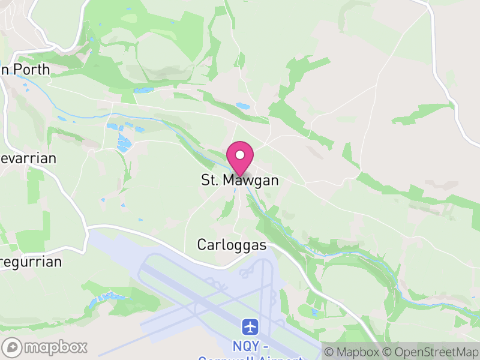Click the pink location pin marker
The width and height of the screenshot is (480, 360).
[x=240, y=157]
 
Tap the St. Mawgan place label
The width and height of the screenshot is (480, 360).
[x=240, y=180]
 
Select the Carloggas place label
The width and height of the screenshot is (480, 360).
[x=232, y=245]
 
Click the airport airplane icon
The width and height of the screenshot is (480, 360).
[x=251, y=327]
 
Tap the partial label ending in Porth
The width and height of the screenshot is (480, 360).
[x=25, y=70]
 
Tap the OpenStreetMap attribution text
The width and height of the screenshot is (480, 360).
[x=433, y=351]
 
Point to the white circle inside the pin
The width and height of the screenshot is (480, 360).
[x=240, y=155]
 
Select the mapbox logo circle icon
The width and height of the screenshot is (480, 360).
[x=13, y=347]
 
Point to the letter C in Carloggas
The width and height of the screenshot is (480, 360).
[x=202, y=245]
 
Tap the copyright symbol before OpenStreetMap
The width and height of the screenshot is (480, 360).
[x=388, y=351]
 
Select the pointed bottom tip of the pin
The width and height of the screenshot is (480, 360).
[x=240, y=175]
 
